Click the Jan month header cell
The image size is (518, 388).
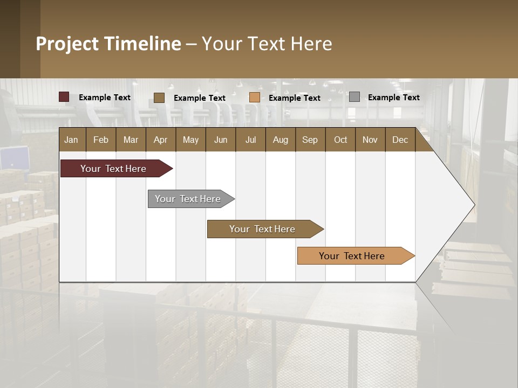pyautogui.click(x=72, y=140)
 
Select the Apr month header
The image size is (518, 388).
pyautogui.click(x=160, y=140)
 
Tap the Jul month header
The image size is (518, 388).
pyautogui.click(x=250, y=140)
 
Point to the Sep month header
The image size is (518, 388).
pyautogui.click(x=310, y=140)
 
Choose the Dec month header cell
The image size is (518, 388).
pyautogui.click(x=400, y=140)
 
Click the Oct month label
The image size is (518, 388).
pyautogui.click(x=340, y=140)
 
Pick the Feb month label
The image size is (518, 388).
pyautogui.click(x=101, y=140)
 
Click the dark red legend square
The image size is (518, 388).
pyautogui.click(x=64, y=97)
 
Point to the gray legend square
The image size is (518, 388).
pyautogui.click(x=354, y=97)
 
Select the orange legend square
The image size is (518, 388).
pyautogui.click(x=255, y=98)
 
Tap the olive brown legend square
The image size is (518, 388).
pyautogui.click(x=159, y=98)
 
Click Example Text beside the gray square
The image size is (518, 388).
pyautogui.click(x=393, y=98)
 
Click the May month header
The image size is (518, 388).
pyautogui.click(x=190, y=140)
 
